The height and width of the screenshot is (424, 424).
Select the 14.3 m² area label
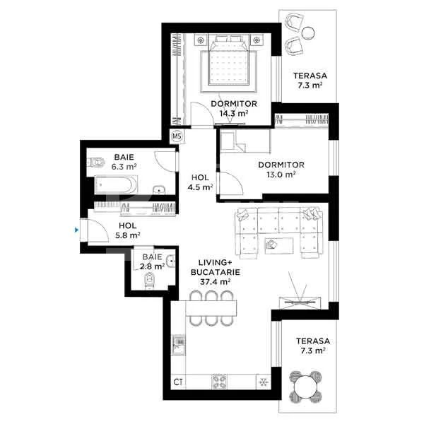click(232, 112)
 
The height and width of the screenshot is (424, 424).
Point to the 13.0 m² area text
click(281, 173)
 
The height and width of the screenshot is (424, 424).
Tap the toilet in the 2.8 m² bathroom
click(147, 283)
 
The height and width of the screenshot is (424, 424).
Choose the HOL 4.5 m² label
click(200, 182)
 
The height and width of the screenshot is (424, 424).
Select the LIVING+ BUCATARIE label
click(213, 271)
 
